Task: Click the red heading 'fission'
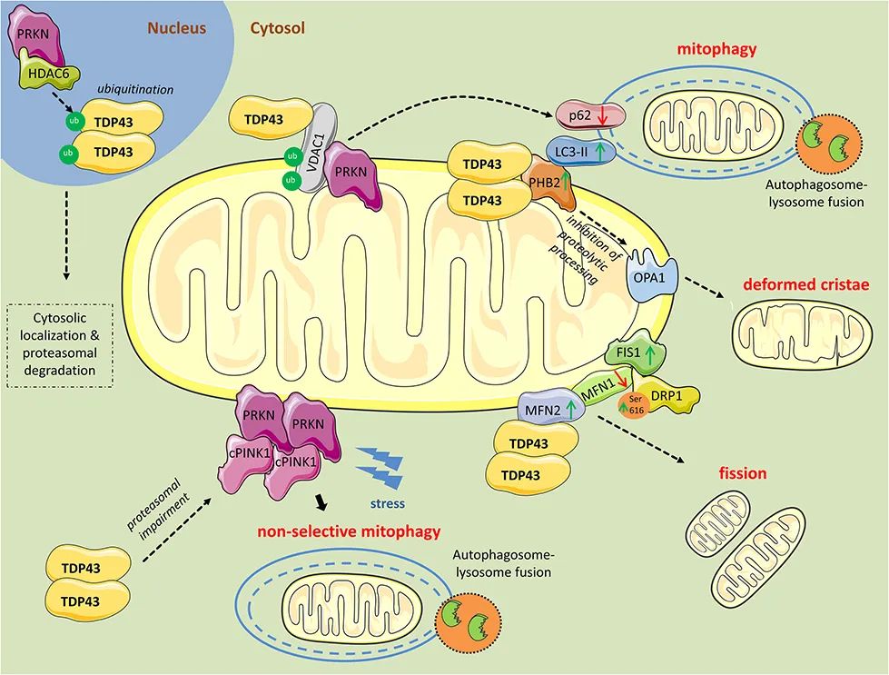(x=741, y=473)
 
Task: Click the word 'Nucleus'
(x=177, y=28)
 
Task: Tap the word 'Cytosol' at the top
(x=277, y=28)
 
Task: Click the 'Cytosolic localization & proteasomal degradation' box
(x=60, y=344)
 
